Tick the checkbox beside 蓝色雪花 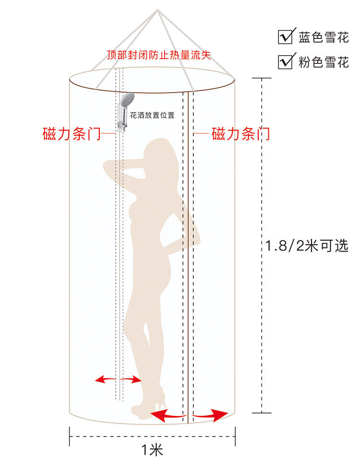(286, 37)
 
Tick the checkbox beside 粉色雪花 (286, 62)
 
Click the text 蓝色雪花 (324, 38)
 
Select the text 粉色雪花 (324, 62)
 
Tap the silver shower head (126, 101)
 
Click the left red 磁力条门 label (72, 134)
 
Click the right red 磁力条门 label (240, 134)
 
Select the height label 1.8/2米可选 (307, 246)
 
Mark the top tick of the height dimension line (262, 78)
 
